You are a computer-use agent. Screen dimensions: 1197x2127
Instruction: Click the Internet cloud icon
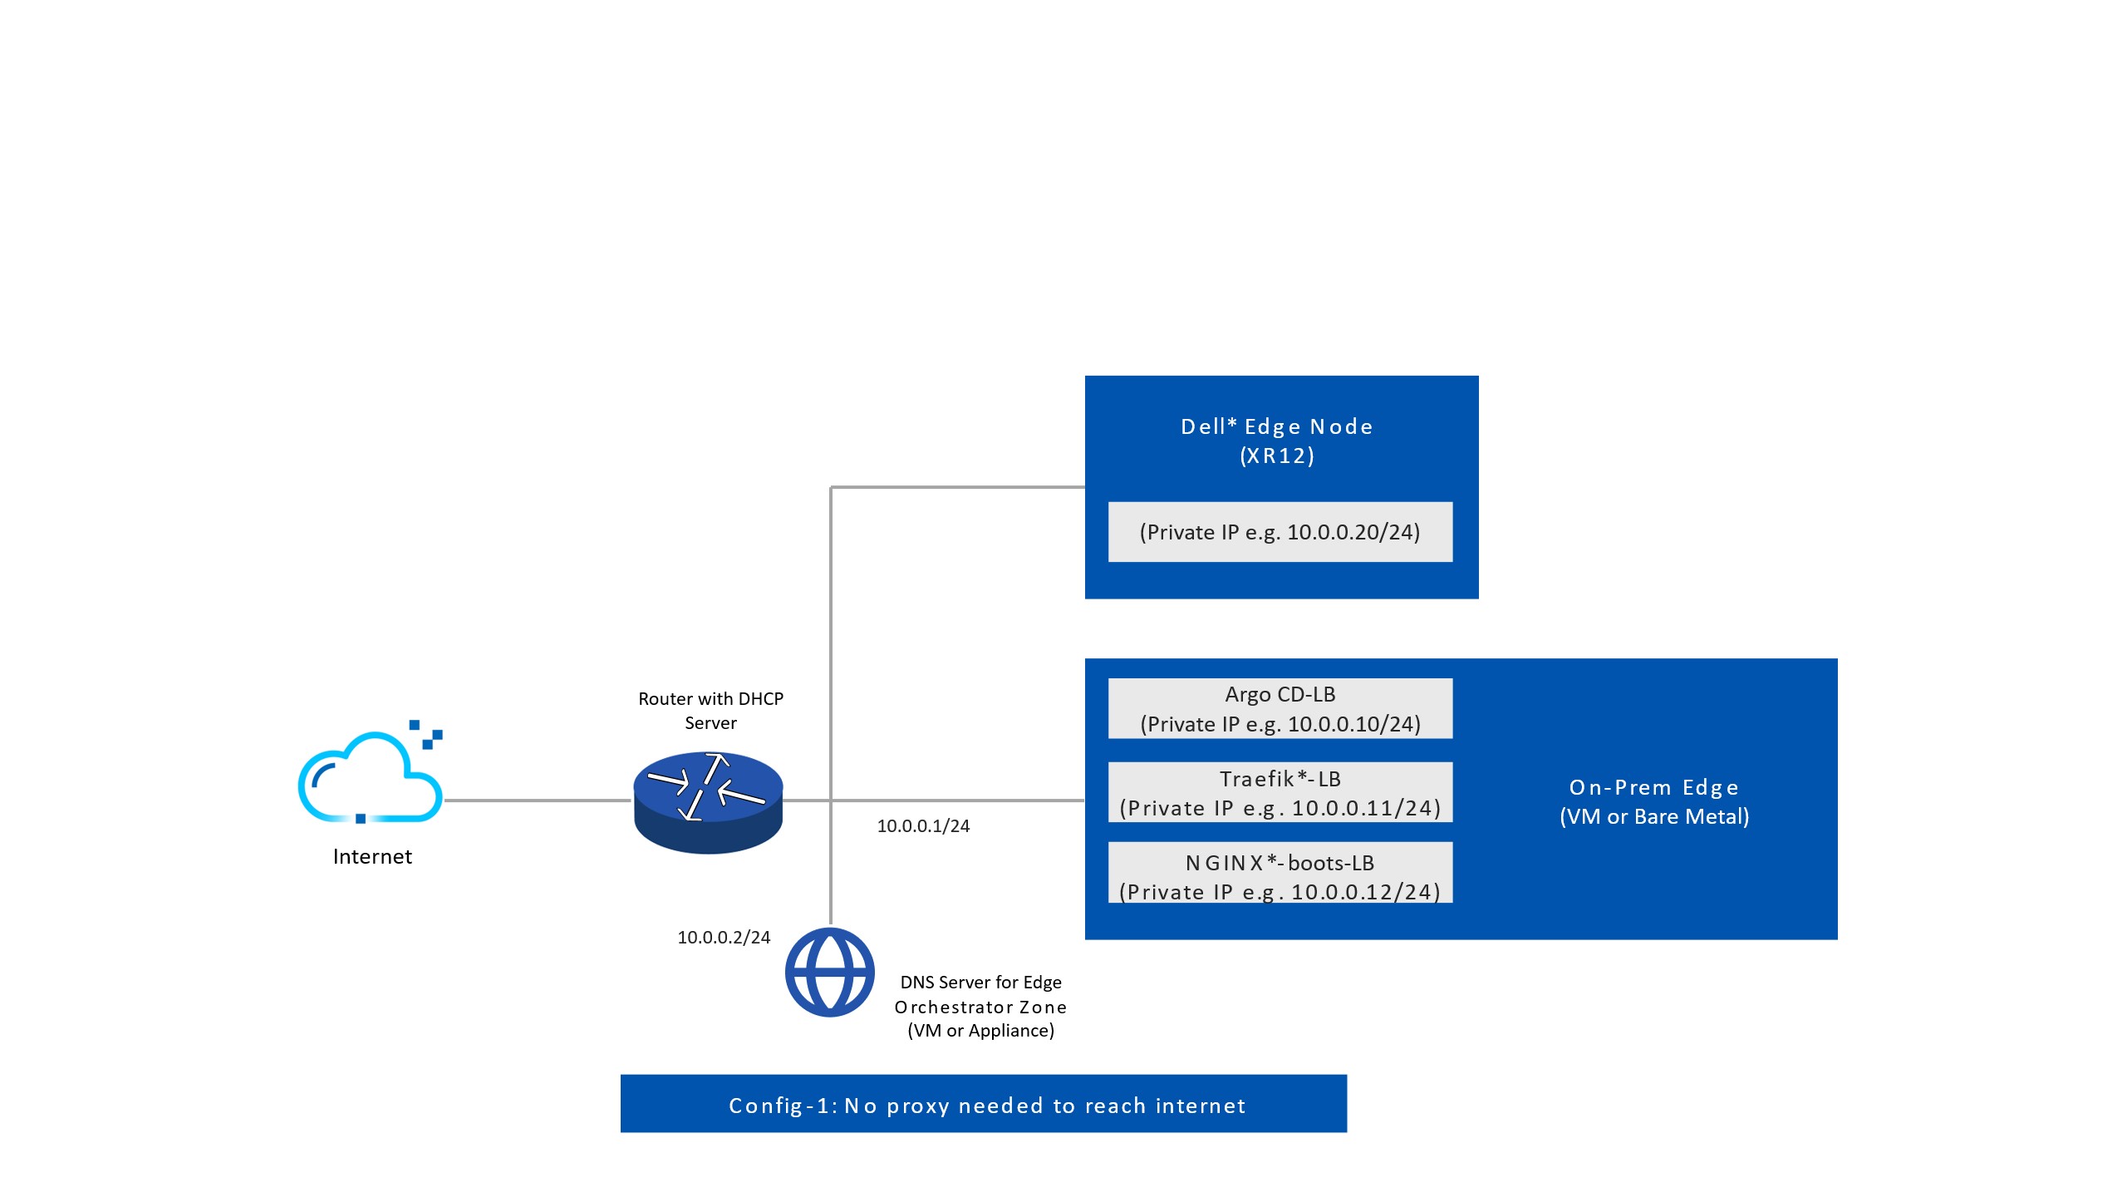pos(370,778)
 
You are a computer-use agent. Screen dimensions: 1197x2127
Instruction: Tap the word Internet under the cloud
pos(372,856)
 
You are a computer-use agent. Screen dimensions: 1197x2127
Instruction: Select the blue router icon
pos(708,802)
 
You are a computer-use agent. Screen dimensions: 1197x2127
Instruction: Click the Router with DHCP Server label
pos(710,711)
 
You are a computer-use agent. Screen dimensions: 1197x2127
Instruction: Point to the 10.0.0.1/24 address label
pos(923,826)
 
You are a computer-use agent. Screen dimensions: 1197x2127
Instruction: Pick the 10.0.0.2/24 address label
pos(724,938)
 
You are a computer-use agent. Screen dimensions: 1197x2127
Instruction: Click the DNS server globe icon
pos(829,972)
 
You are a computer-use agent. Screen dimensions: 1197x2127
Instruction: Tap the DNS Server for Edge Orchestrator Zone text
pos(980,1007)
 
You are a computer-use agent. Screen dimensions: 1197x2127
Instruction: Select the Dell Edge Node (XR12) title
pos(1277,441)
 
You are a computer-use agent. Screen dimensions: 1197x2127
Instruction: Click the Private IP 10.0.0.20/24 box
pos(1280,532)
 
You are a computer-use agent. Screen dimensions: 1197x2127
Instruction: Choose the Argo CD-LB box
pos(1280,708)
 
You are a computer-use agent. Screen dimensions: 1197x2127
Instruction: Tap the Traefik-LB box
pos(1280,792)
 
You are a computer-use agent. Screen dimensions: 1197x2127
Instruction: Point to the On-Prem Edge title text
pos(1653,788)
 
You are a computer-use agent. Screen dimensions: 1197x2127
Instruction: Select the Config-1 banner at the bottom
pos(983,1104)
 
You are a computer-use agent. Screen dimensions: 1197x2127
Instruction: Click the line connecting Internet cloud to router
pos(538,800)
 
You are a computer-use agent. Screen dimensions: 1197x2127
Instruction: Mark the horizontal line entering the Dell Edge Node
pos(955,487)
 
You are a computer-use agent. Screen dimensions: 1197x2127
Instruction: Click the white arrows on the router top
pos(707,785)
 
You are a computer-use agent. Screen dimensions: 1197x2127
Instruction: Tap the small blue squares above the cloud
pos(427,734)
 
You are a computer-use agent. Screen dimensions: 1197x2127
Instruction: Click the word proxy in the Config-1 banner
pos(918,1106)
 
